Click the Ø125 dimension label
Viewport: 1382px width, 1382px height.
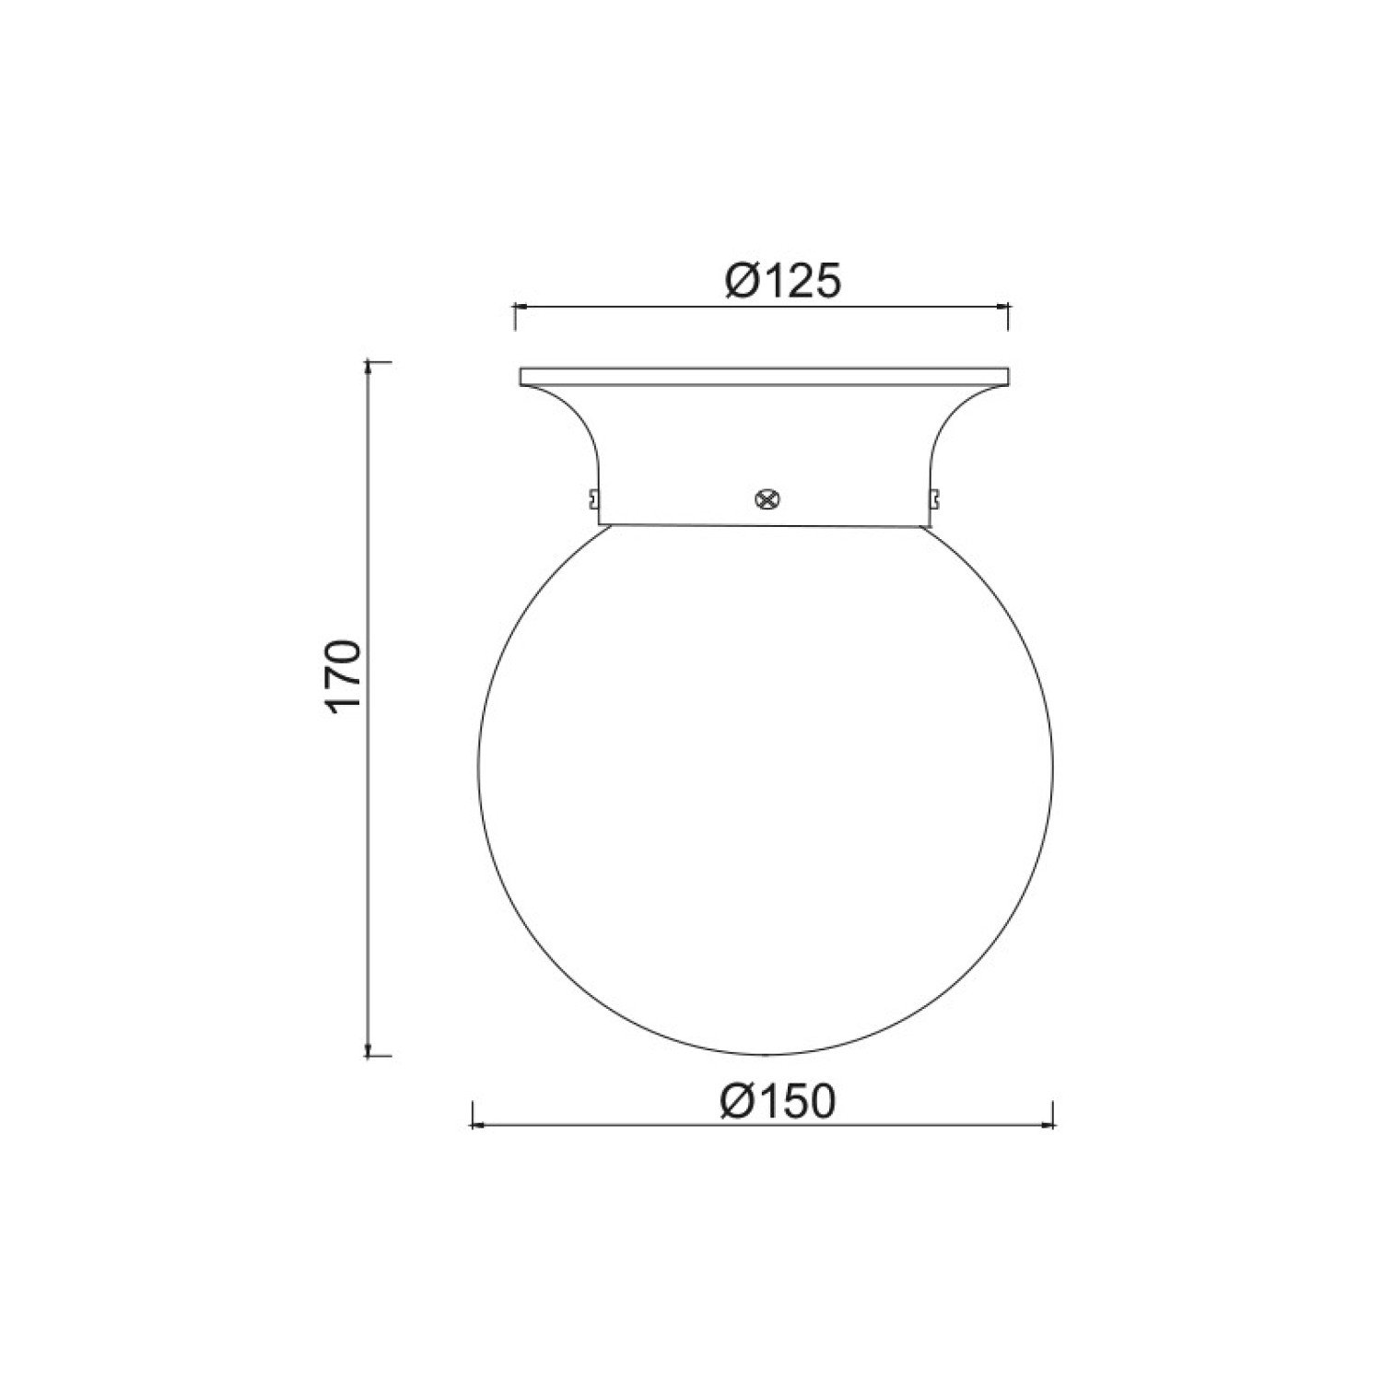[783, 280]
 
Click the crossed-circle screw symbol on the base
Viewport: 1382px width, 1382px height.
[765, 498]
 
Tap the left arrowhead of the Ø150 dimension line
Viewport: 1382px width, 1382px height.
[479, 1125]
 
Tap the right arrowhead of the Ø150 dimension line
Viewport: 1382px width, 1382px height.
[1047, 1125]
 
